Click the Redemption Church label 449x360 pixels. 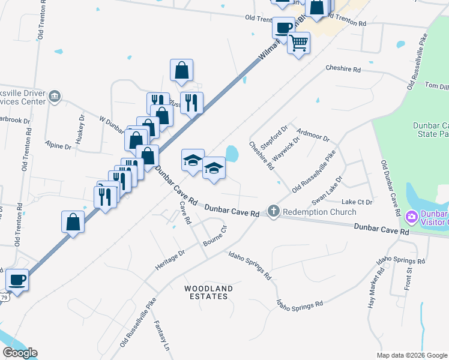pos(319,212)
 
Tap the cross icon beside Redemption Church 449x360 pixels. pos(274,211)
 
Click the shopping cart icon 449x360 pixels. pos(298,43)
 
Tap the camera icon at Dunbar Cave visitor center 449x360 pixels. pos(412,216)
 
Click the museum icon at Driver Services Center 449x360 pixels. pos(54,96)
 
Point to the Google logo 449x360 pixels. pos(20,353)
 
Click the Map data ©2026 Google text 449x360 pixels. pos(411,355)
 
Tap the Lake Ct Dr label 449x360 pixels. pos(358,202)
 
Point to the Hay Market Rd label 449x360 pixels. pos(376,289)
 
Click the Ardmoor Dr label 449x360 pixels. pos(313,134)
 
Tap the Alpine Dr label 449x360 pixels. pos(58,145)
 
